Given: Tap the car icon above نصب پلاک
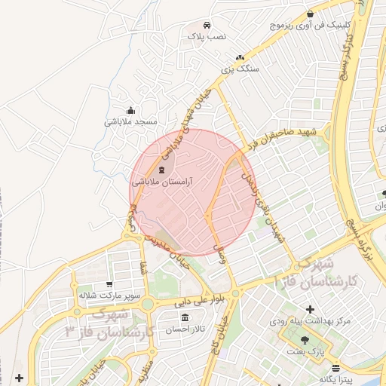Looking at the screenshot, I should (207, 24).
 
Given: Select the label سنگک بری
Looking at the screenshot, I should (240, 68).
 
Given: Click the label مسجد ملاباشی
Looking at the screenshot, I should (130, 121).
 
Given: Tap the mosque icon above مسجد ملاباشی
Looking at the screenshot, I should (131, 109).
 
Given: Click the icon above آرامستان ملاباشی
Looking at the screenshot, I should (163, 170).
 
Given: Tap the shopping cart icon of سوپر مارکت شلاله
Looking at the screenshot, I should (109, 284).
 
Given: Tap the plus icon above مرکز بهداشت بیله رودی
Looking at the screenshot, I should (310, 309).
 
